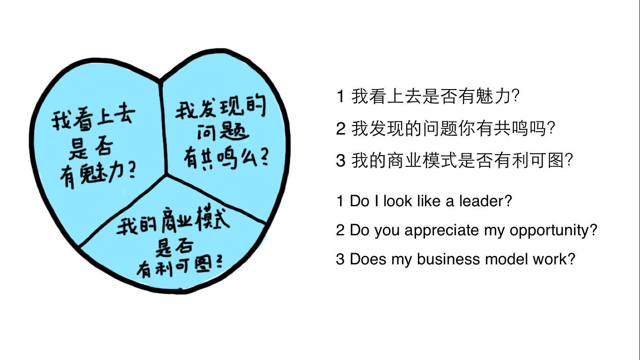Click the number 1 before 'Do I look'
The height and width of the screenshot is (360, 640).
point(340,201)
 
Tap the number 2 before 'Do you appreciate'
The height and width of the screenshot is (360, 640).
point(340,231)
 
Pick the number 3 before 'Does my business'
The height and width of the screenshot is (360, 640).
point(340,259)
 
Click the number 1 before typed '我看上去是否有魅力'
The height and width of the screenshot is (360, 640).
point(341,97)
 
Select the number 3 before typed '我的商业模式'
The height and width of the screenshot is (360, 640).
point(341,161)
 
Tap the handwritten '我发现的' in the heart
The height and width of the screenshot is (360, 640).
point(220,111)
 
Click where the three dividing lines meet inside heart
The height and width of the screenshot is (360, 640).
point(166,175)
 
